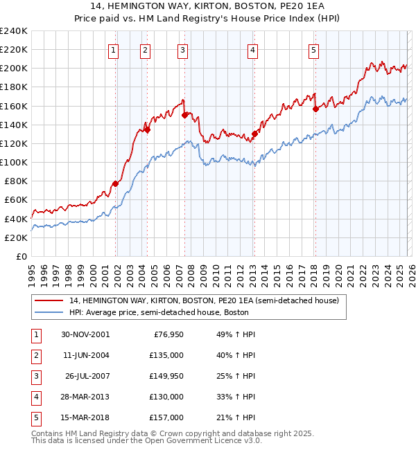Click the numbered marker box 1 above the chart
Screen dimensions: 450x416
113,50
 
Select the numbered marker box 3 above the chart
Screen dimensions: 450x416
182,50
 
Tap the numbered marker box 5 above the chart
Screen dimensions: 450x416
314,50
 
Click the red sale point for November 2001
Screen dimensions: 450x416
116,183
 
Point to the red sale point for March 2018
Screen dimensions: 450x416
315,108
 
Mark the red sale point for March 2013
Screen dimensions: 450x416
254,134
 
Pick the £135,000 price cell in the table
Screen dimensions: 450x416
167,355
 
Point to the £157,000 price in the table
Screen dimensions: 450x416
167,417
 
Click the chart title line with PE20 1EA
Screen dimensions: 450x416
207,6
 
